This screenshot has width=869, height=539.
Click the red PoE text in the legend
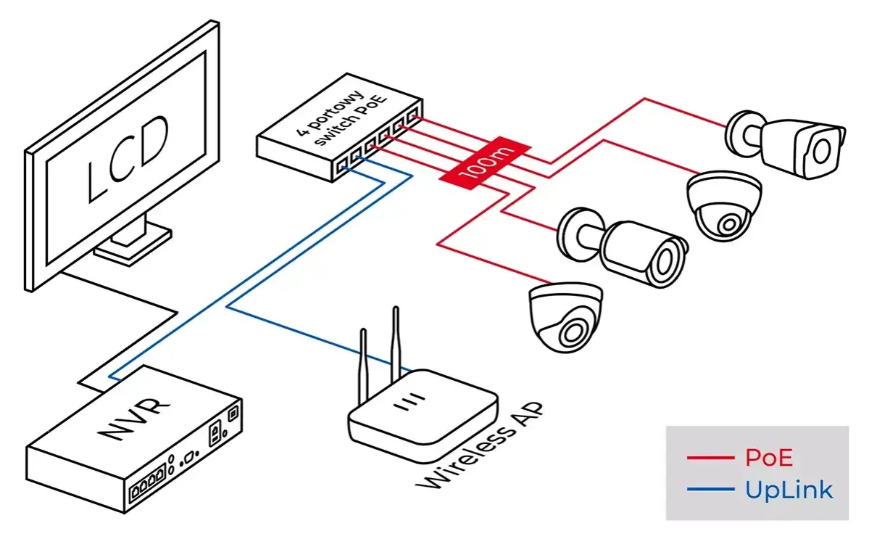coord(769,458)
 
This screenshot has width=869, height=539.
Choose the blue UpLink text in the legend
coord(788,490)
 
